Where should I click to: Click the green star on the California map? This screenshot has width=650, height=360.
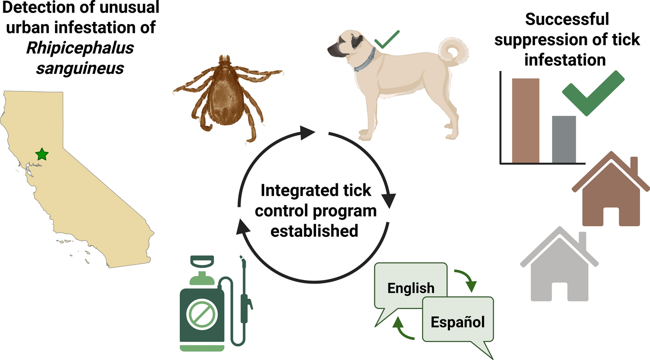coord(42,155)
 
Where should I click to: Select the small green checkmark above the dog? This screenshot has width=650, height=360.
coord(386,40)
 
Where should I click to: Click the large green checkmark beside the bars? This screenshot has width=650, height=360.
coord(592,93)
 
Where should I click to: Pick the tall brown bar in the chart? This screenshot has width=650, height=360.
coord(525,121)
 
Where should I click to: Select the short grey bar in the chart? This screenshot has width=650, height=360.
coord(564,139)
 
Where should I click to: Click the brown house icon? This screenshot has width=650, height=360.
coord(610,192)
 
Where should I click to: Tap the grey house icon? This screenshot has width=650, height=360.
coord(559,267)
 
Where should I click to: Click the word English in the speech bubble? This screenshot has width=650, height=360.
coord(411,288)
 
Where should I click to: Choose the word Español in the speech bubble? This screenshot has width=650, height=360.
coord(458,322)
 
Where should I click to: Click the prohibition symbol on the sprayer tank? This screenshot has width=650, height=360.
coord(202,314)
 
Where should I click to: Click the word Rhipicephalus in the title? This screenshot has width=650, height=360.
coord(80,48)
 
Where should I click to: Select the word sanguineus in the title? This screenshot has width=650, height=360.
coord(80,68)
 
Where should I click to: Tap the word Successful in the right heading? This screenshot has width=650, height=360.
coord(567,19)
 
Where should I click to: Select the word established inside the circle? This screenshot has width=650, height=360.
coord(314,231)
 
